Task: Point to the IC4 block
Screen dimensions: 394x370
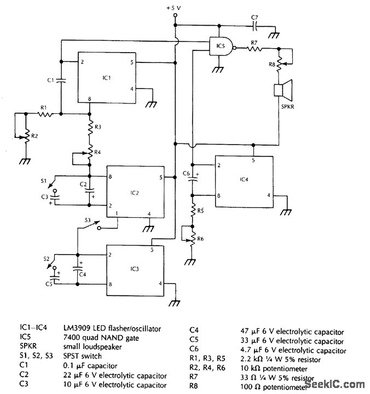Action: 244,181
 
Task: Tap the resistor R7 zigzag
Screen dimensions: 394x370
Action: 255,49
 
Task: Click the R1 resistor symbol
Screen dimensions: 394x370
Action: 43,114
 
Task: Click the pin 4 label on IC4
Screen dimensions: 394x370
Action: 268,195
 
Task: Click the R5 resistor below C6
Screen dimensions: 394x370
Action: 193,210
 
